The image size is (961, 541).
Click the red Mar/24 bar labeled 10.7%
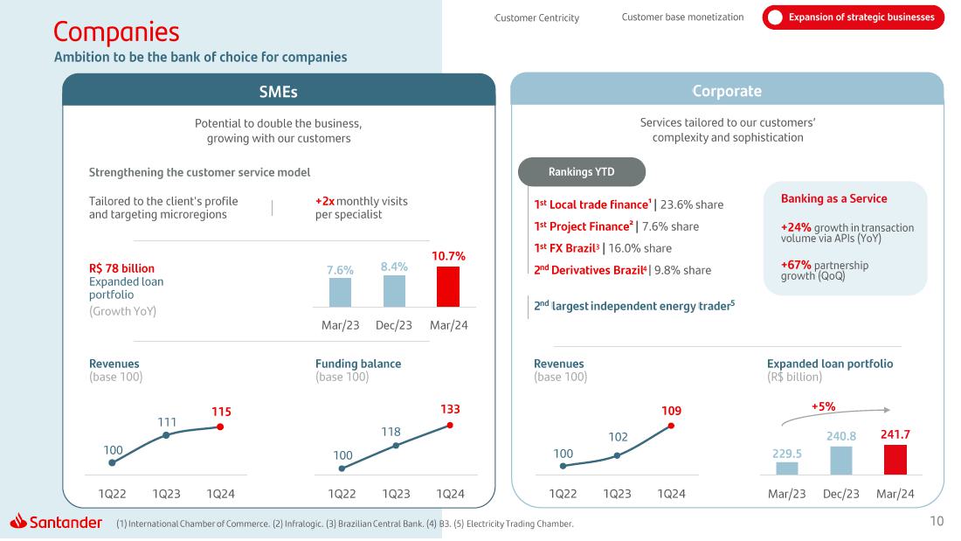pos(447,287)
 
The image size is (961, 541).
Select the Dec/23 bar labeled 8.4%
pos(394,291)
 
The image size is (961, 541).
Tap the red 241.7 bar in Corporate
pos(895,460)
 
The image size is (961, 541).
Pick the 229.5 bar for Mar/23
pos(786,468)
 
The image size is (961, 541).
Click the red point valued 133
pos(450,425)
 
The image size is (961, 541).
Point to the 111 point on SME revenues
pos(166,434)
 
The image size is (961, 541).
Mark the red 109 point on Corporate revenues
pos(671,426)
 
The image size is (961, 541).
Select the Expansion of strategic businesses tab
pos(854,17)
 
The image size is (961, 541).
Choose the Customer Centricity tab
pos(537,17)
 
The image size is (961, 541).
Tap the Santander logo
pos(56,523)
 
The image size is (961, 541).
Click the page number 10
pos(937,523)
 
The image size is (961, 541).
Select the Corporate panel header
pos(726,91)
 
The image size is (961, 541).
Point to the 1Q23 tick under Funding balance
pos(396,494)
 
